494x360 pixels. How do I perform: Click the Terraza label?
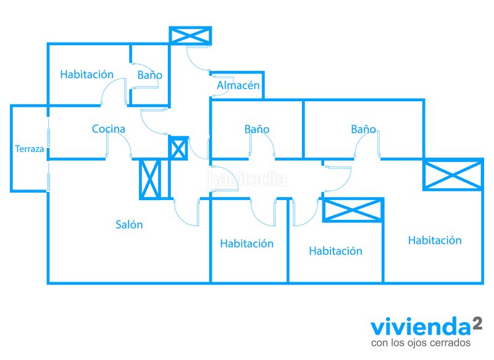coord(29,149)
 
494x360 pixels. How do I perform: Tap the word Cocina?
coord(109,128)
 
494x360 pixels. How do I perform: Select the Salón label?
coord(129,224)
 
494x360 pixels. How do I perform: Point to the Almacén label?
coord(238,85)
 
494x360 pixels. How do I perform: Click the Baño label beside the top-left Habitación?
coord(149,75)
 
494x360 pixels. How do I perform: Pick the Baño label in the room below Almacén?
coord(257,129)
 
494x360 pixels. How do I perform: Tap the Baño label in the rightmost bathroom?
coord(363,129)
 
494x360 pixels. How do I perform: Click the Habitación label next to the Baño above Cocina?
coord(86,74)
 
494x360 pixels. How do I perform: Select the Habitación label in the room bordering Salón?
coord(246,243)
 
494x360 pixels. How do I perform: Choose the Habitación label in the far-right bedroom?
coord(435,240)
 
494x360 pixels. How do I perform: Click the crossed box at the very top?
coord(190,35)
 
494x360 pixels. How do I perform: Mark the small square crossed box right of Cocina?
coord(178,148)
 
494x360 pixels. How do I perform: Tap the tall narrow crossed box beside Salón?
coord(150,179)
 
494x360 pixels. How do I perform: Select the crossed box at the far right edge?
coord(453,175)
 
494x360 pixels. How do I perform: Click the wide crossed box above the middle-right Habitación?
coord(353,210)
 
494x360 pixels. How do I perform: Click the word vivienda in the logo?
coord(421,327)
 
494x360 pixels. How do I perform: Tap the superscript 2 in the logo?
coord(477,323)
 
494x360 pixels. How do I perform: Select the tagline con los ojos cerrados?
coord(421,343)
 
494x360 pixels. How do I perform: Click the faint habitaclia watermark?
coord(248,179)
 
